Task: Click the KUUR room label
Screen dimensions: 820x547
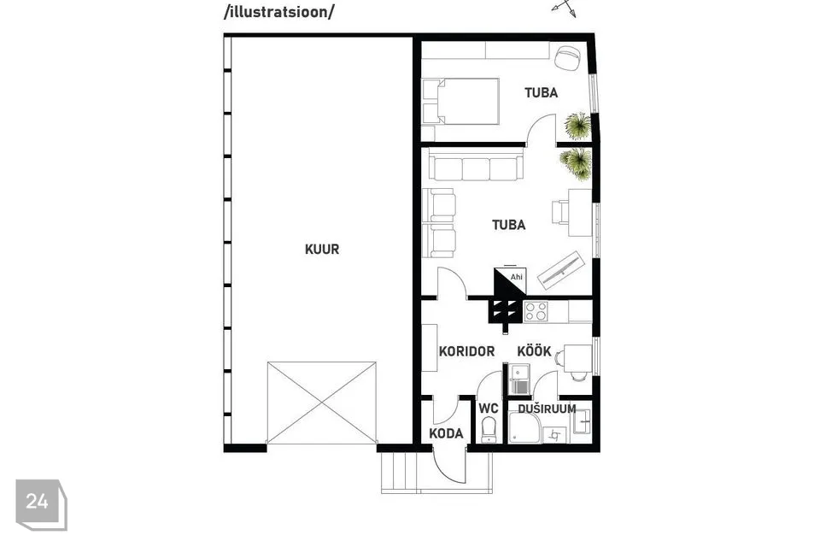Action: tap(322, 250)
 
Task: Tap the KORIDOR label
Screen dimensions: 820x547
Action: tap(466, 351)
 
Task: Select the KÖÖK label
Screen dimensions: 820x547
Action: tap(534, 350)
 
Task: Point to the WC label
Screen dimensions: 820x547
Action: tap(489, 409)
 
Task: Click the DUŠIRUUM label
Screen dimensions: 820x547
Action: tap(547, 409)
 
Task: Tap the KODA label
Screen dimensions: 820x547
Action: tap(446, 433)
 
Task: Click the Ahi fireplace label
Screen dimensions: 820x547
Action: tap(516, 277)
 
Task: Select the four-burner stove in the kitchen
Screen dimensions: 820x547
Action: tap(536, 311)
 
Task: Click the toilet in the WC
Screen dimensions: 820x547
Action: tap(489, 429)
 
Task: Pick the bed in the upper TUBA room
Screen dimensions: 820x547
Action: tap(460, 102)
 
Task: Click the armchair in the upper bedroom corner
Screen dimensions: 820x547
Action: tap(567, 57)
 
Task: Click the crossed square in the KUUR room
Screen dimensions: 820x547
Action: tap(322, 403)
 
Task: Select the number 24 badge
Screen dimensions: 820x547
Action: tap(41, 504)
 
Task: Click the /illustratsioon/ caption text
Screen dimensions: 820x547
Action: tap(278, 12)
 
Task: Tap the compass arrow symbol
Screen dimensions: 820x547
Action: tap(565, 8)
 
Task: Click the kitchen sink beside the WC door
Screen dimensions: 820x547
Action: tap(520, 379)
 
